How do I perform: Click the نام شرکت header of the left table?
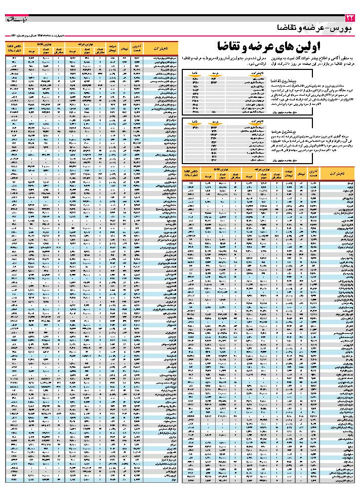(155, 49)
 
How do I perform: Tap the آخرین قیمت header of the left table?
(137, 49)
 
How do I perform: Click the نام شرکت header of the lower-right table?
(335, 174)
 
